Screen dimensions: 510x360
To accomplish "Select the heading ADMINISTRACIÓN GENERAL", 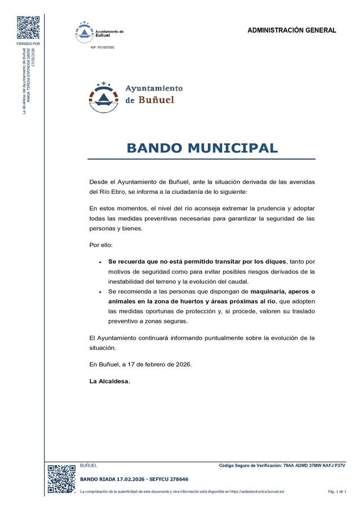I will (291, 30).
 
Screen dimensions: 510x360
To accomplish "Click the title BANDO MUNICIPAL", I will (202, 148).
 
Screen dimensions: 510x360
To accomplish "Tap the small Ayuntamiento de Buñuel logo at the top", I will (99, 32).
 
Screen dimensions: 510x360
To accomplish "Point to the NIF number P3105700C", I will (102, 48).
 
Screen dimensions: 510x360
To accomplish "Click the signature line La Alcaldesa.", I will (109, 381).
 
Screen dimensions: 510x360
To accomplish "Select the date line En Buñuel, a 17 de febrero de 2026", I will (140, 364).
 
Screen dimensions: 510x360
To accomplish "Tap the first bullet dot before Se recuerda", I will (100, 263).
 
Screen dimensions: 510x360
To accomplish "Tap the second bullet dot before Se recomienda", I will (100, 292).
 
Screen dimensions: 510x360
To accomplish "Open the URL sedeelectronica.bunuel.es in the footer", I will (257, 492).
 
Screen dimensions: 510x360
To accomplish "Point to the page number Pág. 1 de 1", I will (337, 492).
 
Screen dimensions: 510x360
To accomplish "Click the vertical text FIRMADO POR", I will (28, 43).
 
